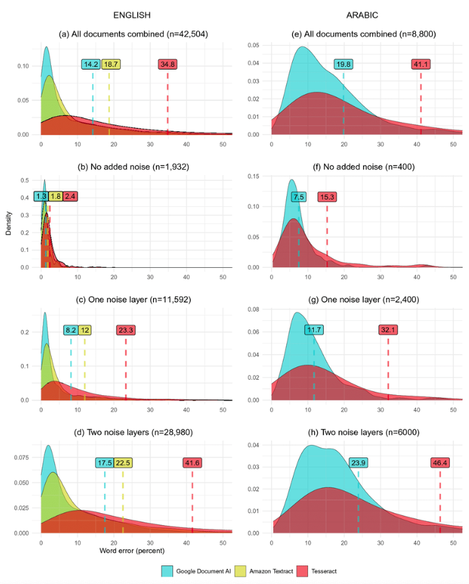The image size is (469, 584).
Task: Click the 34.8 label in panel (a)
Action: (x=168, y=64)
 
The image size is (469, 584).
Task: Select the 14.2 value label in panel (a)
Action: (x=91, y=64)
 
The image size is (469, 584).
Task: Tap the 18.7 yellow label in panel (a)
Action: (x=110, y=64)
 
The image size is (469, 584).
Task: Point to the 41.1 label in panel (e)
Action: (x=421, y=64)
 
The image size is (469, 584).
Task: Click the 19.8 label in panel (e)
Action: (x=343, y=64)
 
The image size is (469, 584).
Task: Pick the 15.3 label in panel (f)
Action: (x=327, y=197)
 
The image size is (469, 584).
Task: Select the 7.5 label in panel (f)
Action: (x=299, y=197)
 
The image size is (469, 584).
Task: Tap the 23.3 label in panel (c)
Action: (x=126, y=330)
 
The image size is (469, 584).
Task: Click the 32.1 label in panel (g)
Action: (x=388, y=330)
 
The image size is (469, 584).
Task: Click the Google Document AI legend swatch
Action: (x=167, y=570)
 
